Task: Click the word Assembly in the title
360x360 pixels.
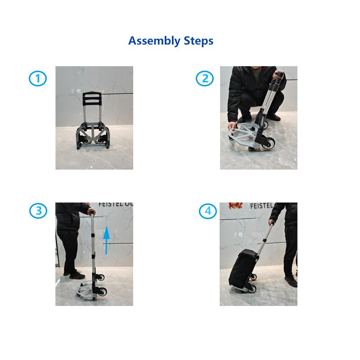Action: pos(154,41)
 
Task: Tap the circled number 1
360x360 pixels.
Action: pos(38,79)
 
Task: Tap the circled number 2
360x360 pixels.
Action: pos(205,79)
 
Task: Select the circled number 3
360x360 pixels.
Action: pos(38,211)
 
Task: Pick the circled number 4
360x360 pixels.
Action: pos(207,211)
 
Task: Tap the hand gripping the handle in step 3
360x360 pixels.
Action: pos(91,211)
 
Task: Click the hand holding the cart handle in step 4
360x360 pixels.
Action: pos(272,222)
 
